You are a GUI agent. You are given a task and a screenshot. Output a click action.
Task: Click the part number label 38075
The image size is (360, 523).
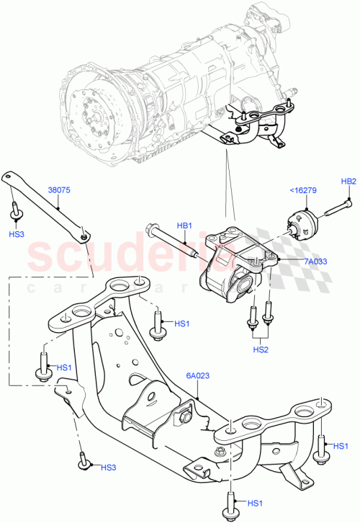(59, 192)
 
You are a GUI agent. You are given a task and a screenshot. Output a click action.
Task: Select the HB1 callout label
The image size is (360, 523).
(185, 226)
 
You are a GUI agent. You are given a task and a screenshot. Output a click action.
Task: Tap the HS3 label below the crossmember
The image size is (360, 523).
(108, 468)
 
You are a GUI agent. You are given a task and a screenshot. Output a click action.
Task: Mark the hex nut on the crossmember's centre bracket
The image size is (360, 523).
(183, 415)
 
